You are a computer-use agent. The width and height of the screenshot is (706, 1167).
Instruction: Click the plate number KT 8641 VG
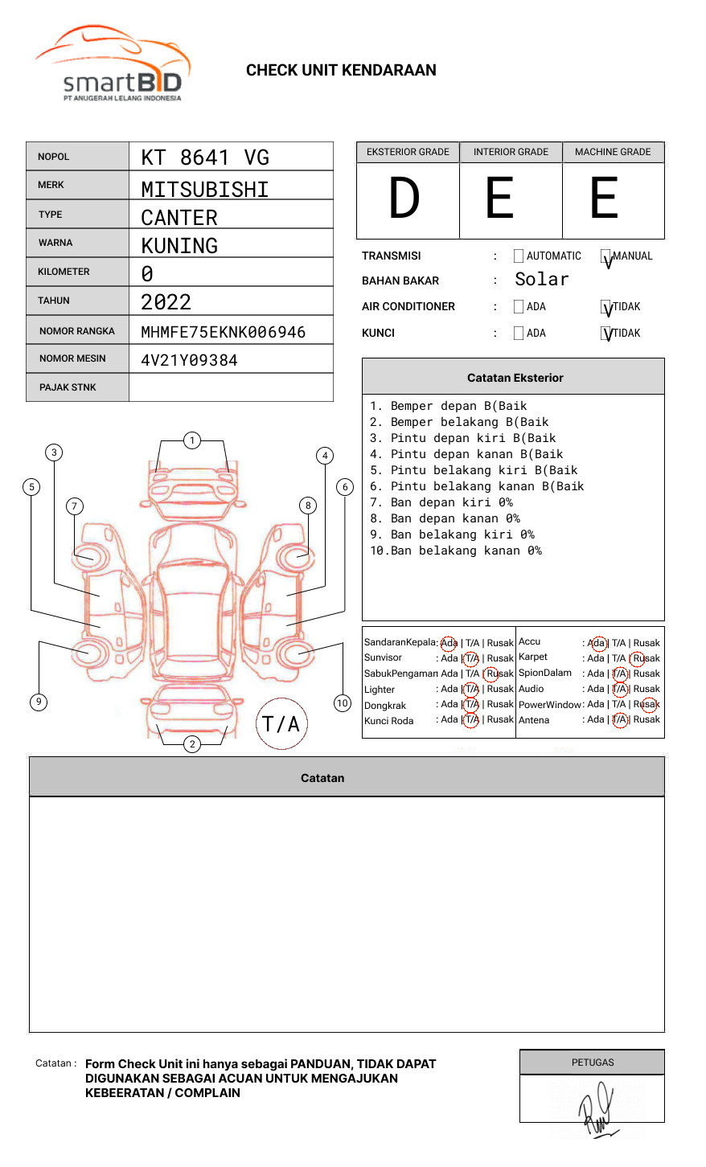[205, 158]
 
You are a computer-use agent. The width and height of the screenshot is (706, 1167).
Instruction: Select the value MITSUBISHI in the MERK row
[205, 190]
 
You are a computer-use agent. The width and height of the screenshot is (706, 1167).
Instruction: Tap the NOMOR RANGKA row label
[77, 331]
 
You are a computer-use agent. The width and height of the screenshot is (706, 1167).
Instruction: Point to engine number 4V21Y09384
[189, 360]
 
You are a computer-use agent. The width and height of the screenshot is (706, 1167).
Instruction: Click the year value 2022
[166, 302]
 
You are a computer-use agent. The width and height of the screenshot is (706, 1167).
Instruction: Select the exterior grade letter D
[404, 199]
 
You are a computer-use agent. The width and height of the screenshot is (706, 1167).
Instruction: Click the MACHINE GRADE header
[613, 152]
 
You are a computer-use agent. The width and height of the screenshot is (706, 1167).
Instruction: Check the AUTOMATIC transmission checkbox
[519, 256]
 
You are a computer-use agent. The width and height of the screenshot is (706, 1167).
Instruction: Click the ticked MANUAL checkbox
[606, 257]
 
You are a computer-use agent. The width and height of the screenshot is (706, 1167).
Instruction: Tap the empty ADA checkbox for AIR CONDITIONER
[519, 307]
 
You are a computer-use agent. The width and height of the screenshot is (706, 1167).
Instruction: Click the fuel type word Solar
[541, 280]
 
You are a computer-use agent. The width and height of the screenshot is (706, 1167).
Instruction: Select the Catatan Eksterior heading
[515, 378]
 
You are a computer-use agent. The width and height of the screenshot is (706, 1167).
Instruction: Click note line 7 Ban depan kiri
[441, 502]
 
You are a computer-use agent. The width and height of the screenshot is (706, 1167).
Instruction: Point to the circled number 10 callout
[343, 703]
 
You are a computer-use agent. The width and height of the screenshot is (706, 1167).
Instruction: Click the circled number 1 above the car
[191, 440]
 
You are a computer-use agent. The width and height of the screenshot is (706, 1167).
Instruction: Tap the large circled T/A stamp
[281, 723]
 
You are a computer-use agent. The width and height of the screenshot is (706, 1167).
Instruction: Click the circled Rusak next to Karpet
[646, 658]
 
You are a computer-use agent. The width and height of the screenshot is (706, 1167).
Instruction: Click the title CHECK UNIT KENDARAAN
[341, 71]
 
